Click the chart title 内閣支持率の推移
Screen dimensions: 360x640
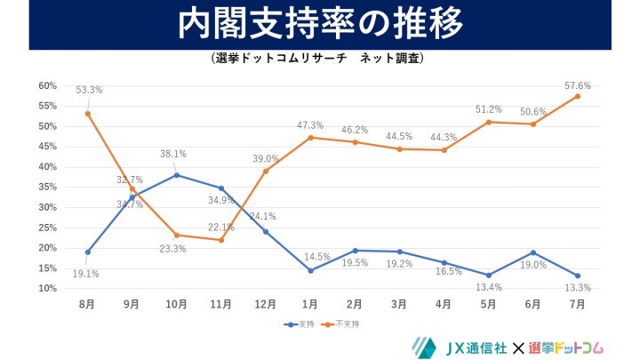click(319, 25)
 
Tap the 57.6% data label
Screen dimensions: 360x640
click(578, 85)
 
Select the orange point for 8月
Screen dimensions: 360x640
click(88, 114)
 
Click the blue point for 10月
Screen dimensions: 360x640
click(177, 175)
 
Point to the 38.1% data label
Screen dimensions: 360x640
click(173, 154)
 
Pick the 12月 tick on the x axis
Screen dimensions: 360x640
click(266, 304)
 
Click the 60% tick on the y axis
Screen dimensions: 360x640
click(47, 86)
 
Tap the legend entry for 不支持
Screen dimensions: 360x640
click(348, 324)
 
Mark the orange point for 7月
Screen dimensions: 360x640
click(578, 96)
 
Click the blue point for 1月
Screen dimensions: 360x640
click(310, 270)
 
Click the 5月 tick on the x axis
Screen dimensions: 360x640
click(489, 304)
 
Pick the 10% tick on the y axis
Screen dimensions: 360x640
click(47, 289)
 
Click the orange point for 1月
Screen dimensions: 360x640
click(310, 138)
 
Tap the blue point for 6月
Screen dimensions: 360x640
click(533, 252)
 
